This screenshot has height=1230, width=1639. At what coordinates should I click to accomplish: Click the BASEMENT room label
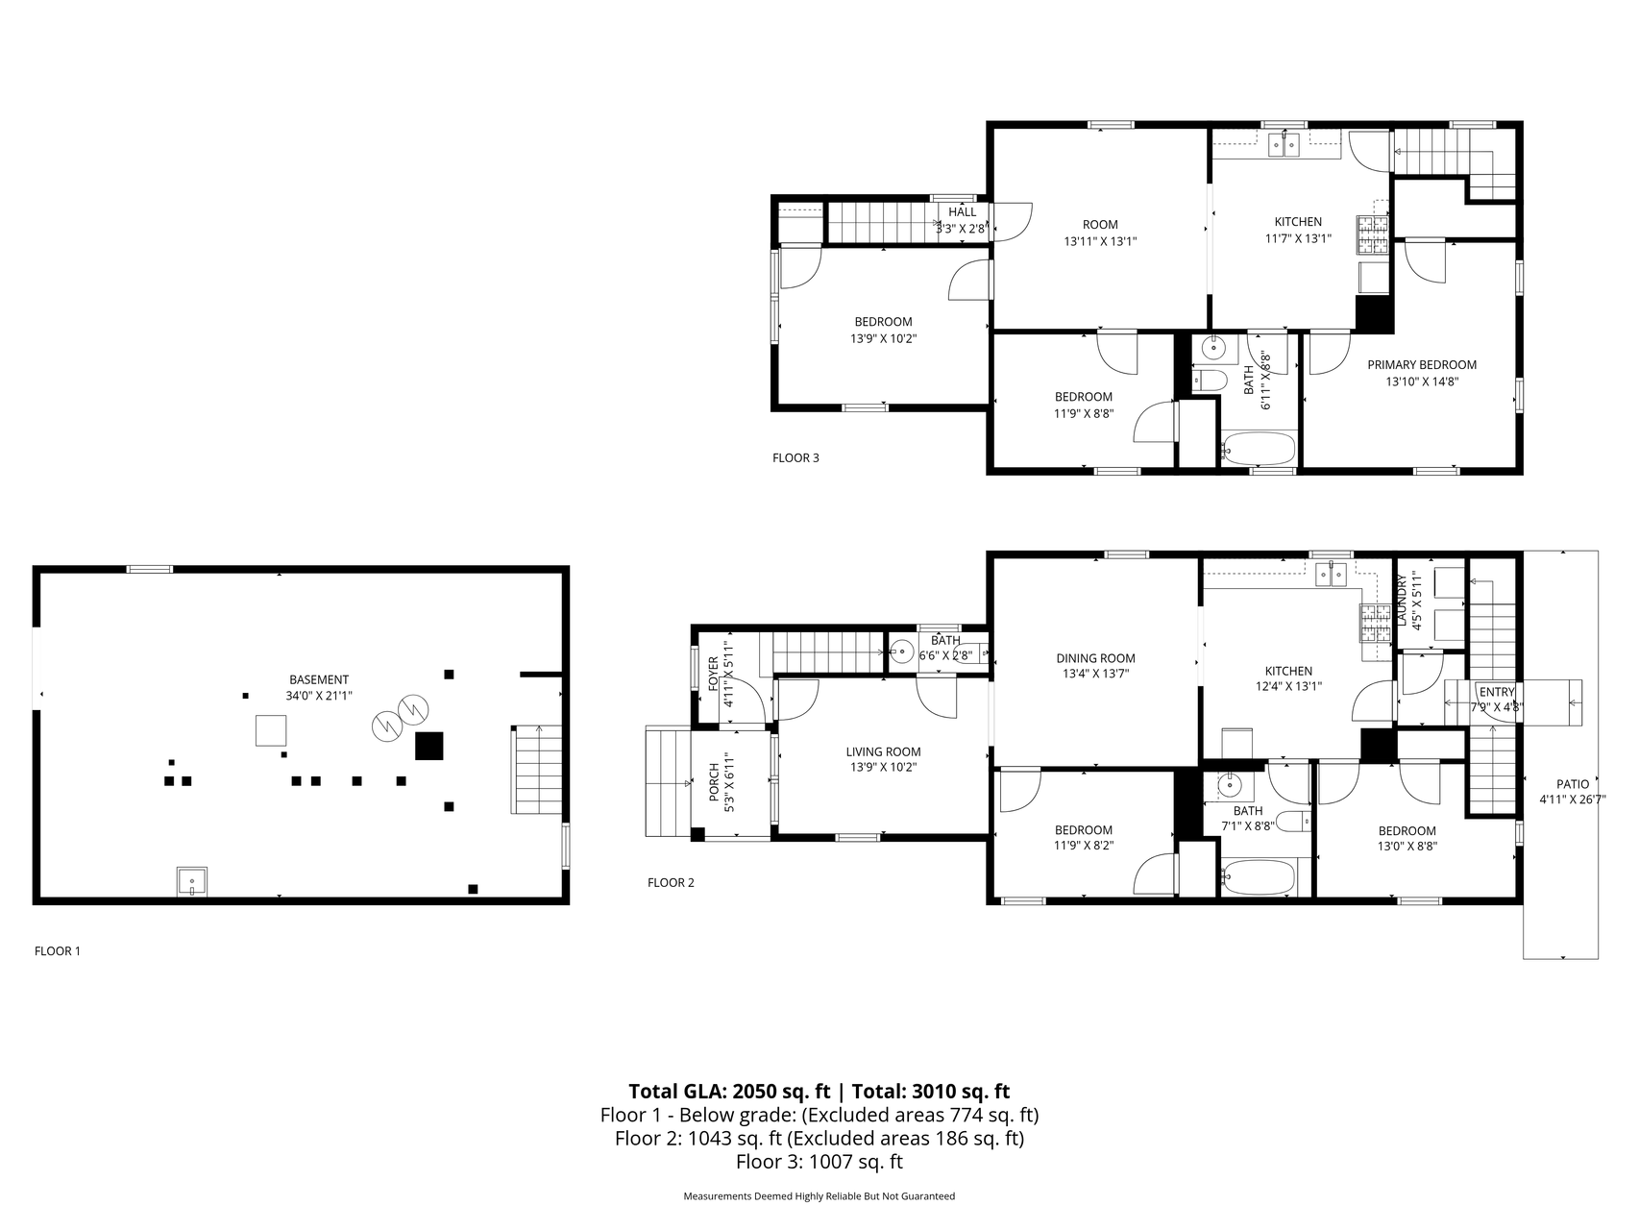319,679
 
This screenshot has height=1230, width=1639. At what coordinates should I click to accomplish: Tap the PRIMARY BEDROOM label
1422,364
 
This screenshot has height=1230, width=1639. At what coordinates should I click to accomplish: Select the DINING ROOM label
1095,658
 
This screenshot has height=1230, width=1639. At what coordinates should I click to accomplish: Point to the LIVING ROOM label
883,752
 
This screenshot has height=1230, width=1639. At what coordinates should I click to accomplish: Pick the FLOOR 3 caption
795,457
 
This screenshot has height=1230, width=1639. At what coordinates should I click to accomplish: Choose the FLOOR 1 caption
58,951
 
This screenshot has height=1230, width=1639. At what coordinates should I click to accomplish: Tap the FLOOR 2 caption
671,882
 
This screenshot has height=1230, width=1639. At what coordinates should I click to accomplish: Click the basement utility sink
191,881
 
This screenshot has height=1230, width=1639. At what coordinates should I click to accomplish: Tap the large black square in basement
428,747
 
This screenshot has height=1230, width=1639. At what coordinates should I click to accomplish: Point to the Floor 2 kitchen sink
1332,575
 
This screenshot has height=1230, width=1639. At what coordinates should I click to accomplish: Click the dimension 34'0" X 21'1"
319,696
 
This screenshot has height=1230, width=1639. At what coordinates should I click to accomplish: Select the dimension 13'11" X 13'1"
1100,241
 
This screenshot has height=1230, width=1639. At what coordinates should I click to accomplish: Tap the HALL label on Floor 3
962,212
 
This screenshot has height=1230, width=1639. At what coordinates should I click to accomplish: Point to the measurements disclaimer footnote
819,1196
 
